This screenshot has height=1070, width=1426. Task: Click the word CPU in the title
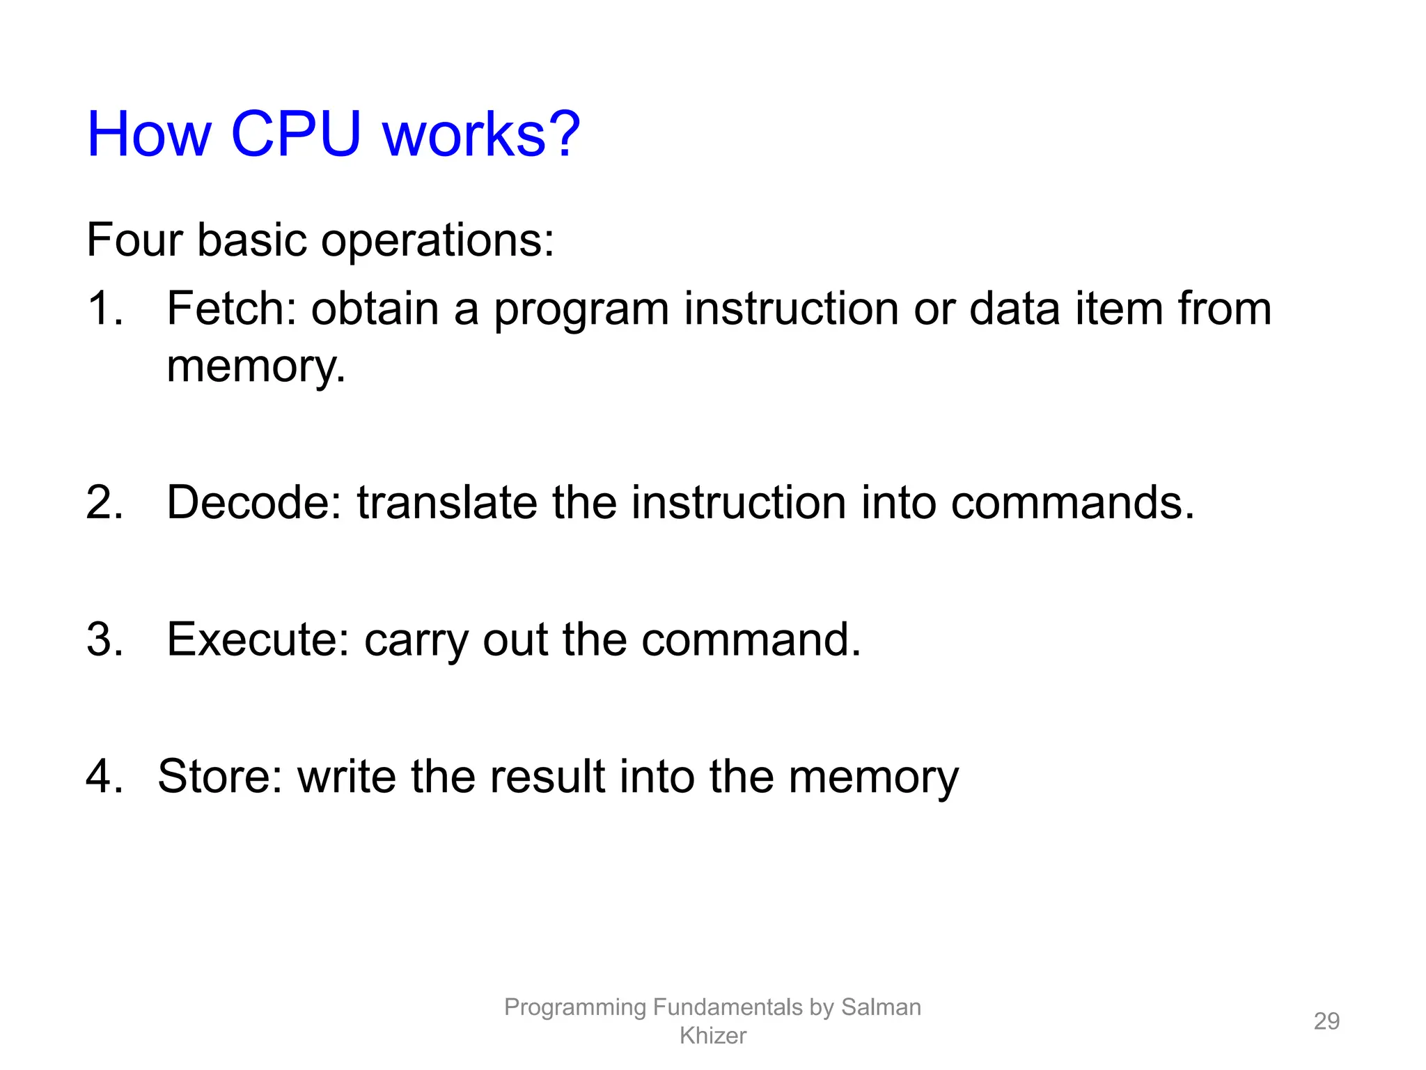(x=296, y=134)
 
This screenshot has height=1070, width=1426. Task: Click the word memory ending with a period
(x=256, y=367)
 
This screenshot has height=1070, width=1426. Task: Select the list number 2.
(x=104, y=502)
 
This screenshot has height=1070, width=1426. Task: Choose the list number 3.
(x=104, y=639)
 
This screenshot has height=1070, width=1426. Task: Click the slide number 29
(x=1326, y=1021)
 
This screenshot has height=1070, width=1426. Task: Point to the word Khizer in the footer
(x=712, y=1036)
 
